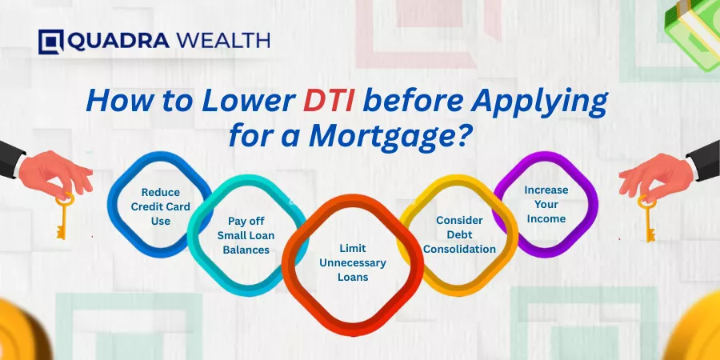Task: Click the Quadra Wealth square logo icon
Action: pos(50,42)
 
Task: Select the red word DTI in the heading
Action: pos(328,102)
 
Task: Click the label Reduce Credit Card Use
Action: pos(160,206)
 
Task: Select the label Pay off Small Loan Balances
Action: pos(246,235)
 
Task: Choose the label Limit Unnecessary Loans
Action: pos(353,263)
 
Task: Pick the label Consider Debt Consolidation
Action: pos(459,234)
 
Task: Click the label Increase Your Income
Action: pos(546,204)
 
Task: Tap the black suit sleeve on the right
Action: pos(705,160)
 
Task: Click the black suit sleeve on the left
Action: pos(11,159)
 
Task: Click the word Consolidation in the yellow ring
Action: pos(459,250)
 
